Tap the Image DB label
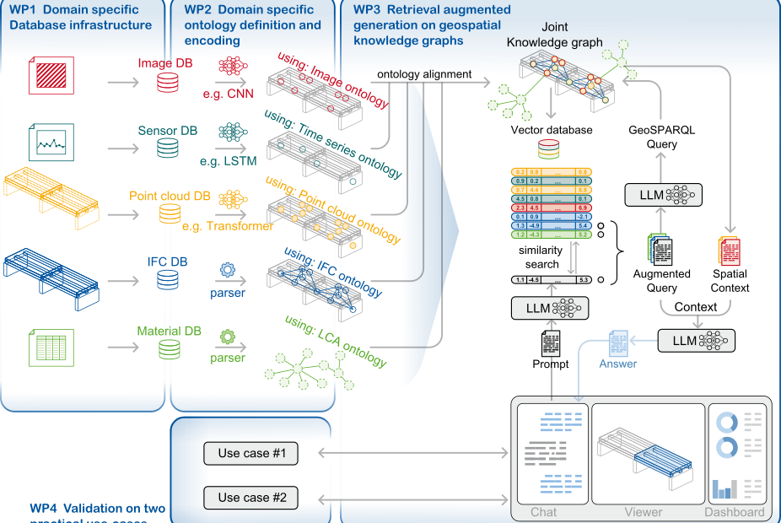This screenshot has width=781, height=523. coord(164,63)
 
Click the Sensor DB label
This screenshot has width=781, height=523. coord(168,131)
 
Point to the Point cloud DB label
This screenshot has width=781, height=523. coord(170,196)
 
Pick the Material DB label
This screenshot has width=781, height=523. coord(169,330)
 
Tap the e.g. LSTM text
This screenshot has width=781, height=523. coord(228,160)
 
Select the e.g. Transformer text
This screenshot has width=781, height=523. coord(228,226)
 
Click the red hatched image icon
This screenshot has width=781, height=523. coord(52,77)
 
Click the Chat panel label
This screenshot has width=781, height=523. coord(543,512)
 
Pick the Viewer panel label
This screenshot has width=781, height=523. coord(644,512)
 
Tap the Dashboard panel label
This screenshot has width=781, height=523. coord(735,512)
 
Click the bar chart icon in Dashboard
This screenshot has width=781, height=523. coord(724,488)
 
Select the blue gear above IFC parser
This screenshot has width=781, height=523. coord(227,270)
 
